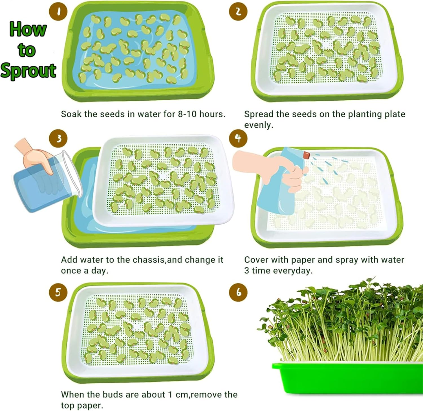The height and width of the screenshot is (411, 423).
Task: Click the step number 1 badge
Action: [58, 11]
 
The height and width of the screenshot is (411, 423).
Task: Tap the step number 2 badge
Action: [238, 11]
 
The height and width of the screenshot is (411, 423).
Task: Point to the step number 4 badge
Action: [238, 138]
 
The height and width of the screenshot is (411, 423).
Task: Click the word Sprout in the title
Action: [28, 70]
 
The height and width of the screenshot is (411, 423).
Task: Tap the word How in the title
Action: [28, 29]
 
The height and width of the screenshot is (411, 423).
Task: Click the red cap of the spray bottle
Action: [306, 154]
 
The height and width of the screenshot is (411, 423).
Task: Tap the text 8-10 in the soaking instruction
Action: [187, 114]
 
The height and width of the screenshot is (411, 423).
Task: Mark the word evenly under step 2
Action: [259, 125]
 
